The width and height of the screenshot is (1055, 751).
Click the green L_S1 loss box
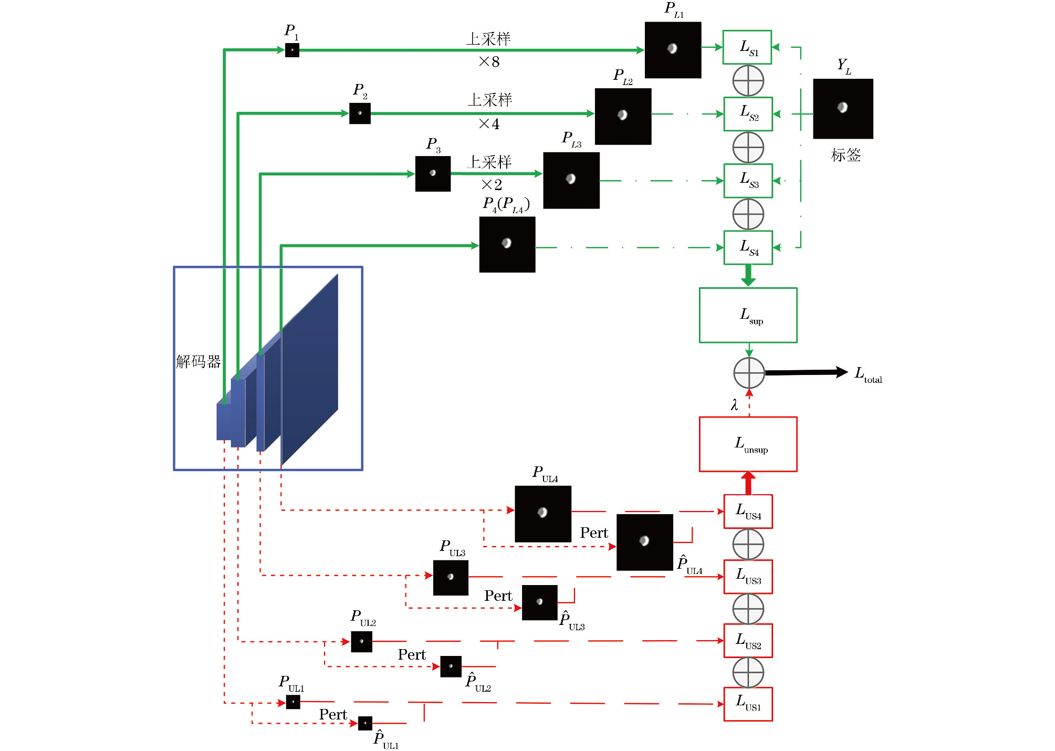click(747, 47)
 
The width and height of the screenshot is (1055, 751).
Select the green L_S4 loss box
click(748, 247)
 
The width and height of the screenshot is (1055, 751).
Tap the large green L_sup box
click(748, 315)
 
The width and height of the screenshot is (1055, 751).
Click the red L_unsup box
click(748, 444)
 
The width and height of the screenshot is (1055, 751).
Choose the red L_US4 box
click(748, 512)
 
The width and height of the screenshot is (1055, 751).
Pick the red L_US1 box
click(748, 704)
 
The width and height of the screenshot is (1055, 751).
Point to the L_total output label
click(868, 374)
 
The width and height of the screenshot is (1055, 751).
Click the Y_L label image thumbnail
click(843, 109)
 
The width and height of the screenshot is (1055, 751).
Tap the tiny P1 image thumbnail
click(292, 50)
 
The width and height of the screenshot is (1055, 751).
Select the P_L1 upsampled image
click(673, 50)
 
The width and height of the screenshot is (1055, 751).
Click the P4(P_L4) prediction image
click(507, 245)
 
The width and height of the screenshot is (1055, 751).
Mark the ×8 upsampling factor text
click(489, 62)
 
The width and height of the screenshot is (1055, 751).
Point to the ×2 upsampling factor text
click(492, 185)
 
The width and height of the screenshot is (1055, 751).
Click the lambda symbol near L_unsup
click(734, 405)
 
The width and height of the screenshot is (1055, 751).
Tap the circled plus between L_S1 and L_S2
click(748, 80)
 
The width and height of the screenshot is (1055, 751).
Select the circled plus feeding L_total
click(749, 373)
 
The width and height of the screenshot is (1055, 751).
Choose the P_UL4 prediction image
click(543, 514)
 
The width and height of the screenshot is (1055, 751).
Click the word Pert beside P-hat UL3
click(498, 596)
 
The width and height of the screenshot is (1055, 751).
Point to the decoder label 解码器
click(199, 361)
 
